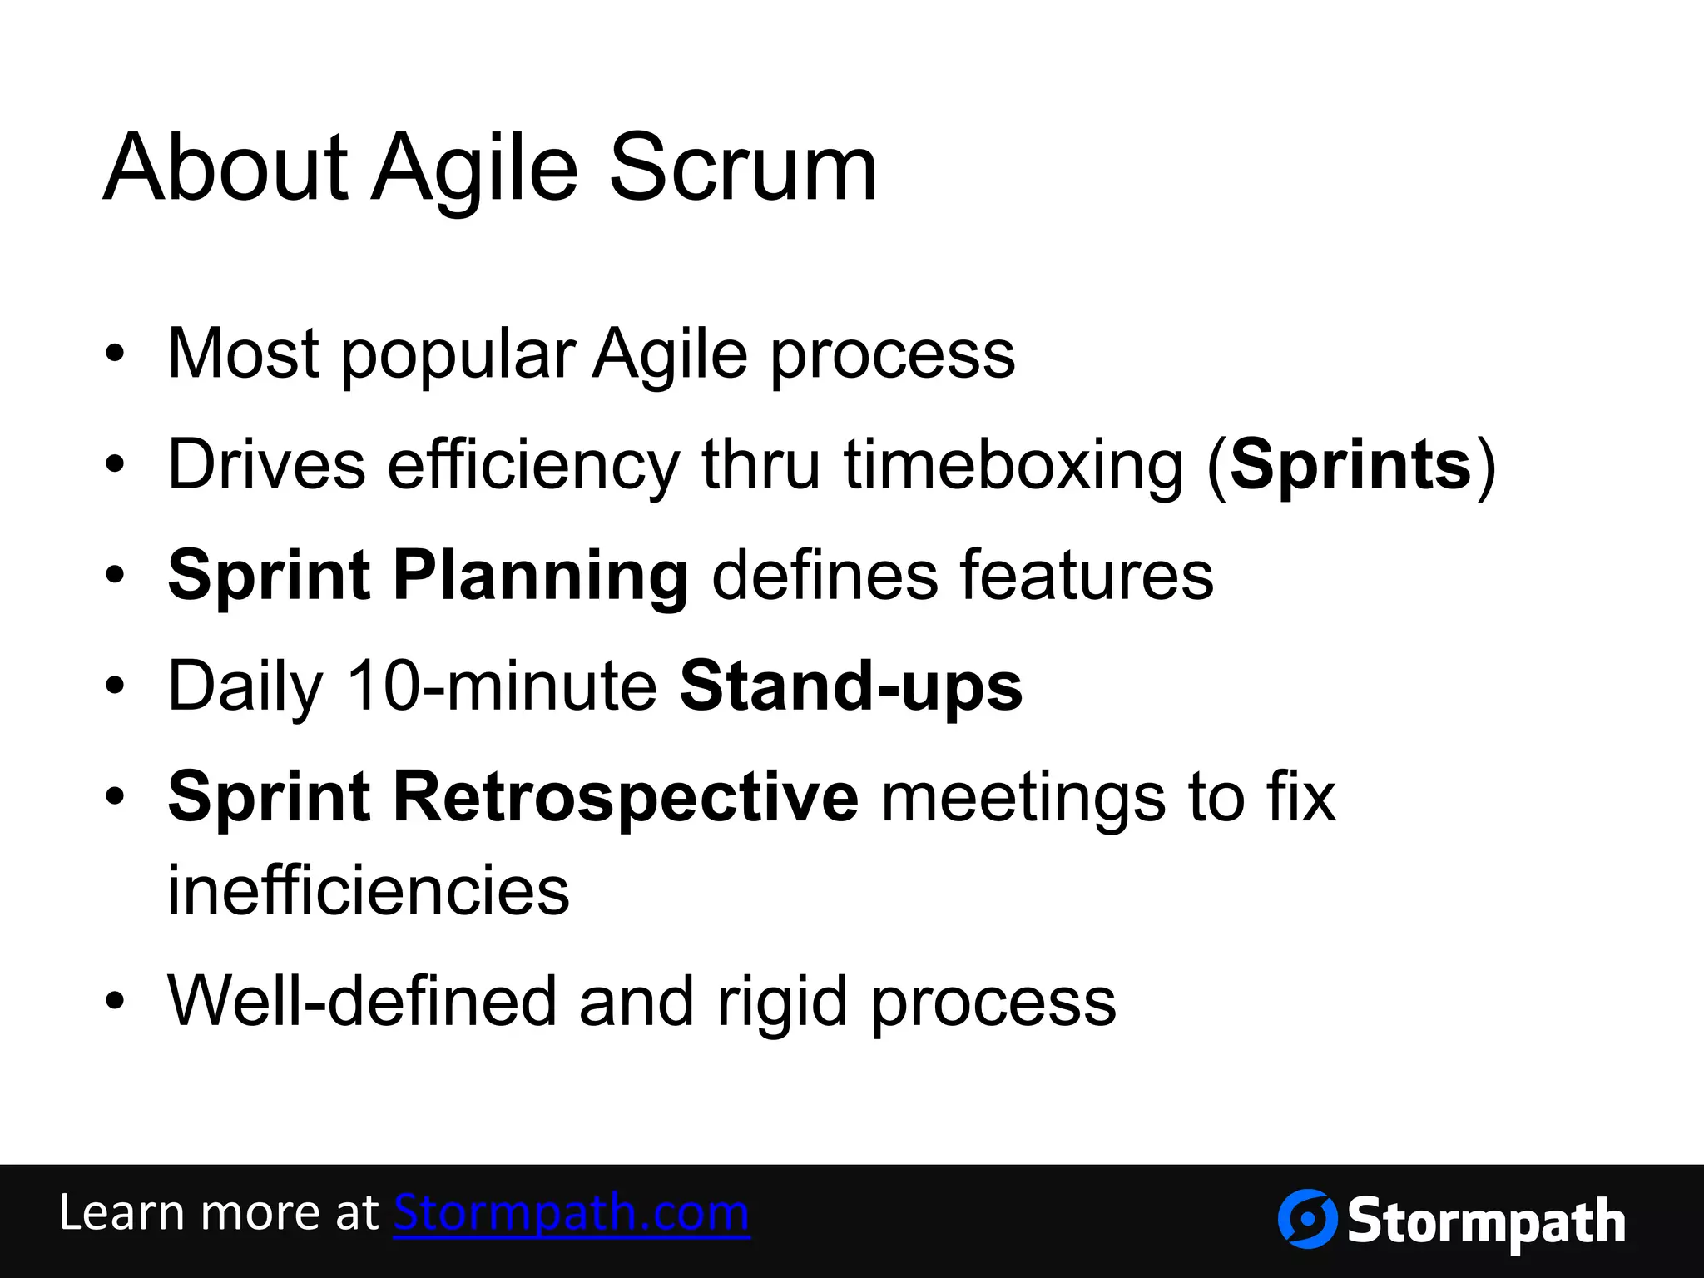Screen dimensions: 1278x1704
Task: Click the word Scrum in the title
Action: [x=743, y=169]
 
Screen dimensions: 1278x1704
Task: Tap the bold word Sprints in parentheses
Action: [x=1350, y=466]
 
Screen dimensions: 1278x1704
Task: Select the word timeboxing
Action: [x=1013, y=466]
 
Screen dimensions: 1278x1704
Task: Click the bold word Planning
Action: [x=540, y=577]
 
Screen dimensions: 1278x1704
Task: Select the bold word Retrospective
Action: [x=625, y=797]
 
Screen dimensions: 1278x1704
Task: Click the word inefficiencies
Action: [x=369, y=890]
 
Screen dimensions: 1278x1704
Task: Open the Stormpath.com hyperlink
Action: [x=572, y=1214]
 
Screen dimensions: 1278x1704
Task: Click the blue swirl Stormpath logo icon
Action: [x=1307, y=1219]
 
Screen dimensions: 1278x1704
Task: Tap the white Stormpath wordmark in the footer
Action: [x=1486, y=1222]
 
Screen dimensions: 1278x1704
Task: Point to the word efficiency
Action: [x=532, y=466]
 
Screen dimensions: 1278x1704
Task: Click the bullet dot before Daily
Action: [x=115, y=687]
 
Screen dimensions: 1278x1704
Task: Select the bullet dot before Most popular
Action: [x=115, y=355]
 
